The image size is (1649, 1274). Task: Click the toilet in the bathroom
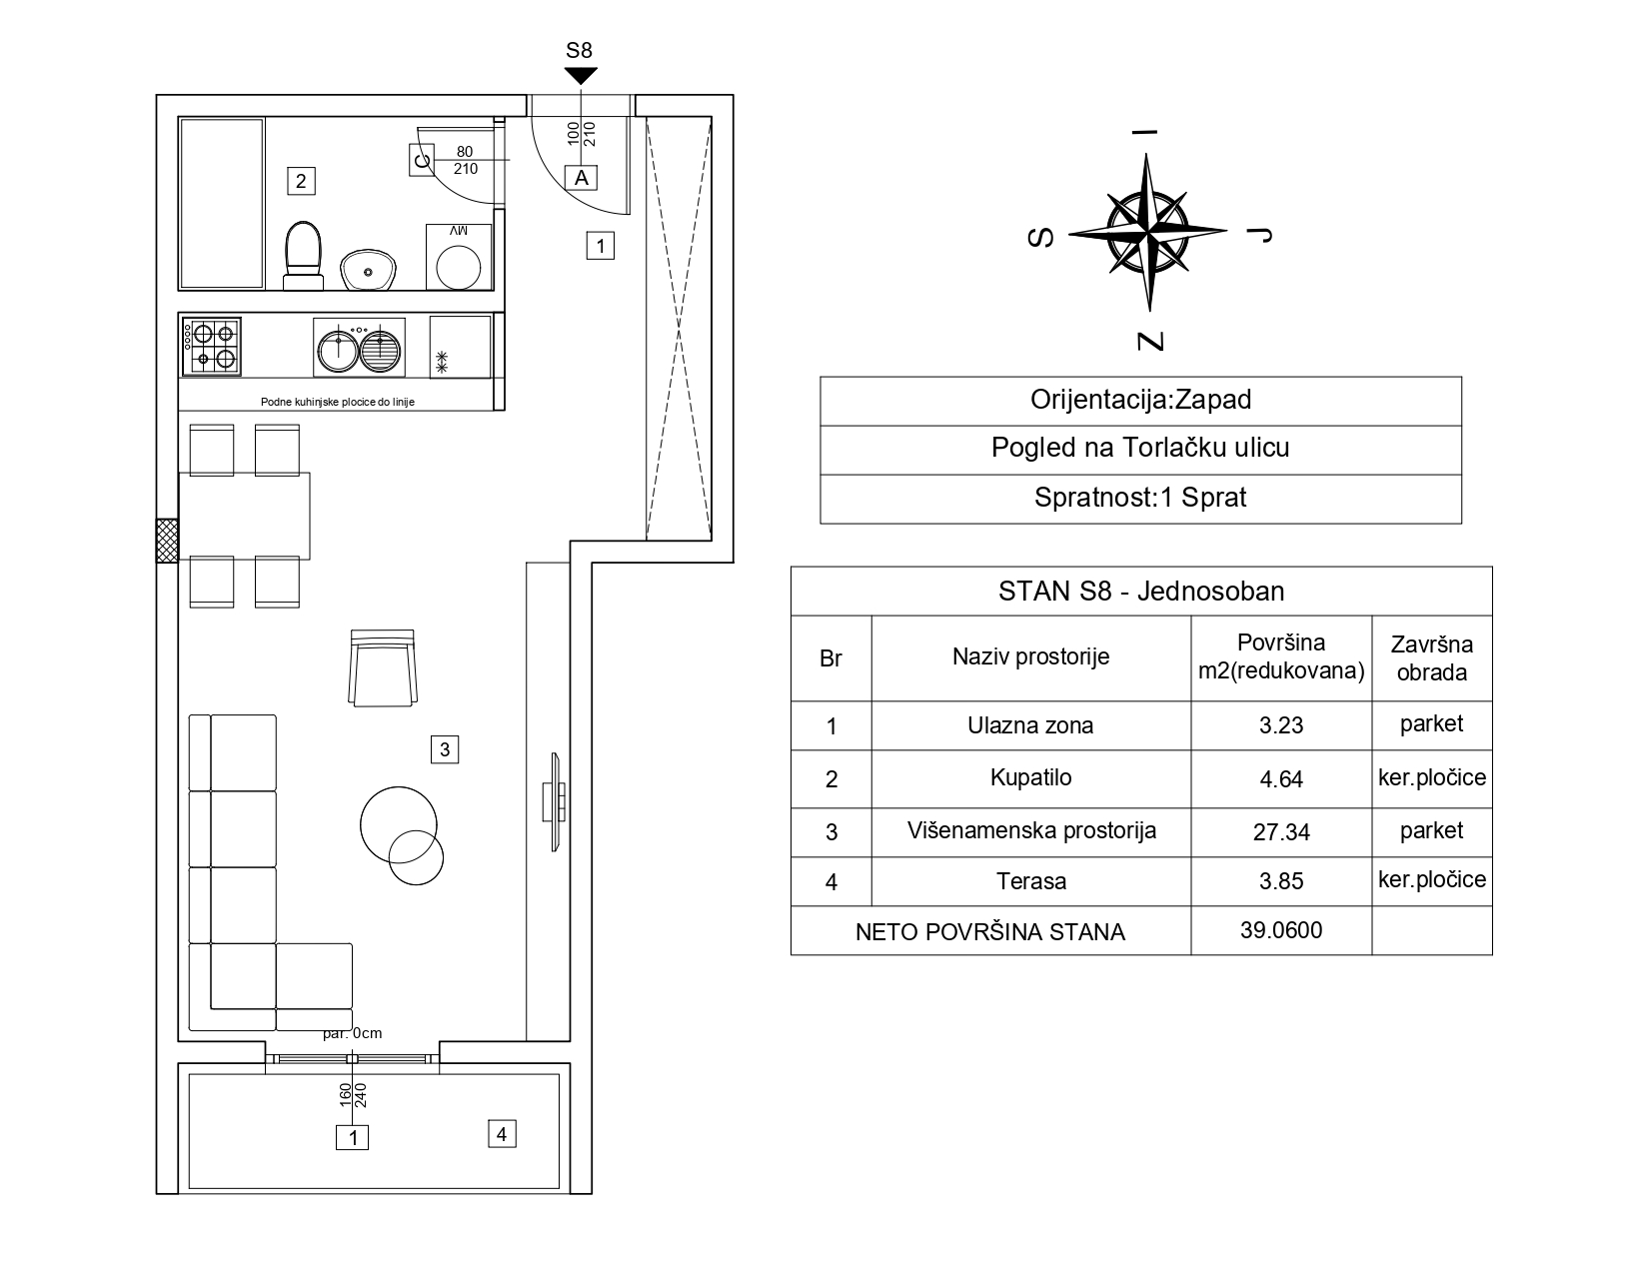pyautogui.click(x=303, y=256)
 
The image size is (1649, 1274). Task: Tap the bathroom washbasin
pyautogui.click(x=368, y=270)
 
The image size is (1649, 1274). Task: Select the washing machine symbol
pyautogui.click(x=459, y=257)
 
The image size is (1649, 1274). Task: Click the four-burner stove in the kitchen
pyautogui.click(x=212, y=346)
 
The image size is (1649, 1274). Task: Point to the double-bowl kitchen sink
pyautogui.click(x=359, y=348)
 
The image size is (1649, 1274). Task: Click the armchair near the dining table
pyautogui.click(x=383, y=667)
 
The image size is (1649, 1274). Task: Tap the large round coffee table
pyautogui.click(x=399, y=824)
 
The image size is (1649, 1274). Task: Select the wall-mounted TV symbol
pyautogui.click(x=555, y=802)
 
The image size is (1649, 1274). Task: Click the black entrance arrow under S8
pyautogui.click(x=581, y=76)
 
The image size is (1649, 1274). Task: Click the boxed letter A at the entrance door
pyautogui.click(x=582, y=178)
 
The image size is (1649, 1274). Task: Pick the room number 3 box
pyautogui.click(x=445, y=749)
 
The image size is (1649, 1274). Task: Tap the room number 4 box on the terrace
pyautogui.click(x=502, y=1134)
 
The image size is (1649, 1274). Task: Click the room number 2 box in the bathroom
pyautogui.click(x=301, y=181)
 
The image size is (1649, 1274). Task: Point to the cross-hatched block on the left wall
pyautogui.click(x=167, y=541)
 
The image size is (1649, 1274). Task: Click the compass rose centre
pyautogui.click(x=1147, y=232)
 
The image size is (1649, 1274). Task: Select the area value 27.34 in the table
pyautogui.click(x=1281, y=832)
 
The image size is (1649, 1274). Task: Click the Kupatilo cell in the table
pyautogui.click(x=1030, y=778)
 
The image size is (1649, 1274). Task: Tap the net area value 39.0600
pyautogui.click(x=1281, y=930)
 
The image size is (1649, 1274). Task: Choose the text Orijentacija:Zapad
pyautogui.click(x=1140, y=400)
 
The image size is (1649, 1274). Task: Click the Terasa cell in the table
pyautogui.click(x=1030, y=881)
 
